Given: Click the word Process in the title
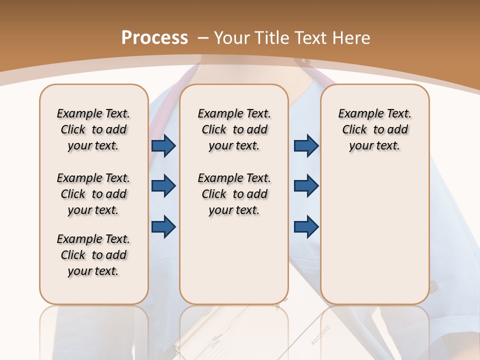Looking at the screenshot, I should tap(154, 38).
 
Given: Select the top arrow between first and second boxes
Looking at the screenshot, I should tap(163, 146).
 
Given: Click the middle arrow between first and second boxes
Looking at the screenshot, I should tap(163, 186).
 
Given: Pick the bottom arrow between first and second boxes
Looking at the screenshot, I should tap(163, 226).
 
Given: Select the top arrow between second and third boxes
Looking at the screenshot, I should tap(306, 146).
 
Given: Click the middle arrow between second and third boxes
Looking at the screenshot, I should tap(306, 186).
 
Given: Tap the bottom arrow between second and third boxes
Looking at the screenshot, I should tap(306, 226).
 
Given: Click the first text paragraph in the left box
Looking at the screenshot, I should tap(93, 129).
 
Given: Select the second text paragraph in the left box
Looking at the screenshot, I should tap(93, 194).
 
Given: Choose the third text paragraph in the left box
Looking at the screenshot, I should tap(93, 255).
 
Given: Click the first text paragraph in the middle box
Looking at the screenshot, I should tap(234, 129).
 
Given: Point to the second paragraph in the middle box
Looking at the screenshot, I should tap(234, 194).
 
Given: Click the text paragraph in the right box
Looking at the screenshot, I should tap(374, 129).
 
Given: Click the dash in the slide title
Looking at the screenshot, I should tap(203, 38).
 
